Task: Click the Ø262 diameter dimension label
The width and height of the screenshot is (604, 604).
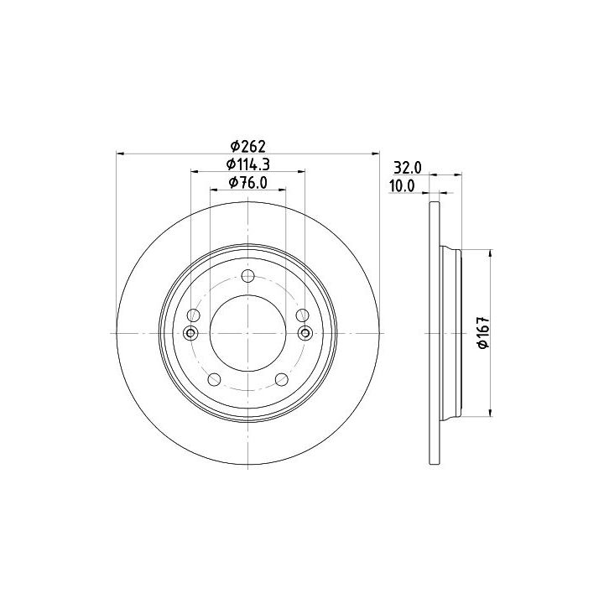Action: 248,146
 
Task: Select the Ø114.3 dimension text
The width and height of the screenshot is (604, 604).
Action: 248,164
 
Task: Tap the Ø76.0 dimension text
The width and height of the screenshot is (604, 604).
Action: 248,183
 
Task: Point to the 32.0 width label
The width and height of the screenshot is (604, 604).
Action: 408,168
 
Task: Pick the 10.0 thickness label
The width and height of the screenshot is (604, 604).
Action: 402,186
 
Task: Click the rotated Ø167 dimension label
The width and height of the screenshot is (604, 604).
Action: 483,333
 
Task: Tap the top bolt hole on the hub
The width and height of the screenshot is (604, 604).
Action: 248,276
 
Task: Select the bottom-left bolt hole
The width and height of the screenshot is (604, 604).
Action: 214,379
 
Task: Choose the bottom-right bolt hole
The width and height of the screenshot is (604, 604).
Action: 282,379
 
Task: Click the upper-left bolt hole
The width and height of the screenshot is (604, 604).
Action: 194,315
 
